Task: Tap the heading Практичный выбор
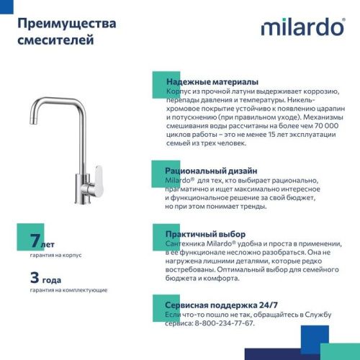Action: pos(205,234)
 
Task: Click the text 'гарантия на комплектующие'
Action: pos(69,289)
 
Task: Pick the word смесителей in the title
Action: pos(55,41)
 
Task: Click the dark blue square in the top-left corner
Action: pos(6,6)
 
